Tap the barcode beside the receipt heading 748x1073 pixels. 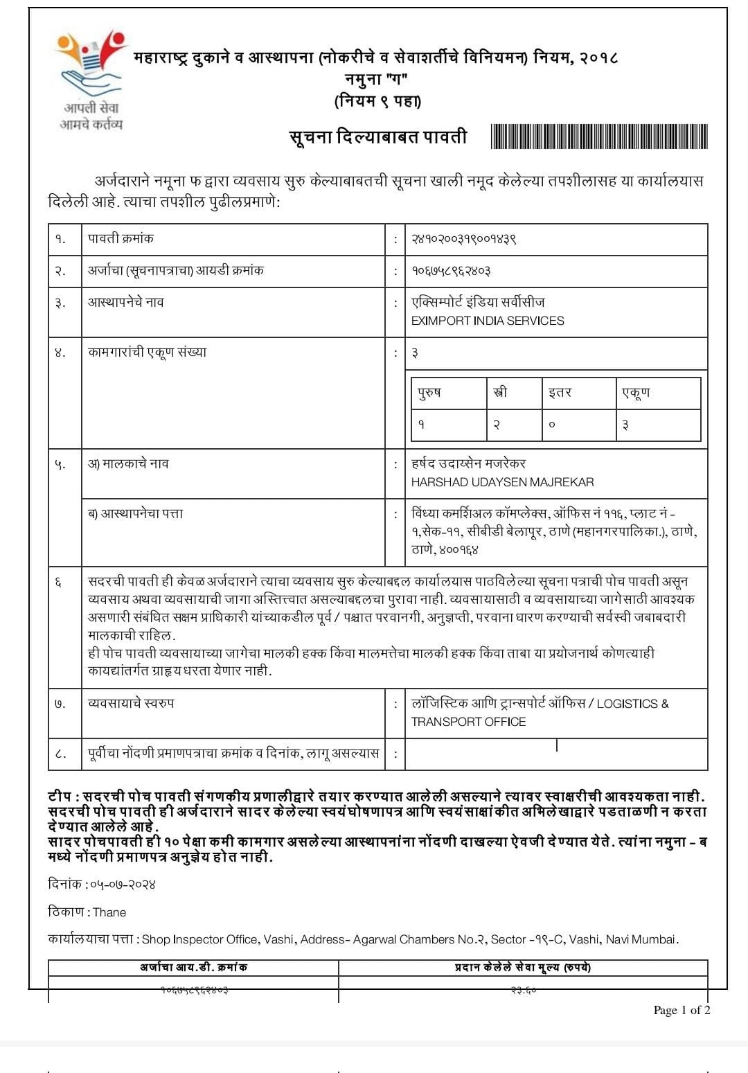(x=598, y=136)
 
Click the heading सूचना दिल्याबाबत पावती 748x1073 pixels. (x=378, y=136)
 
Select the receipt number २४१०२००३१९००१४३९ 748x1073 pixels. (x=464, y=239)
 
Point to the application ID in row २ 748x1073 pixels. (x=452, y=271)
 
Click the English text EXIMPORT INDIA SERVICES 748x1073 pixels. (x=488, y=321)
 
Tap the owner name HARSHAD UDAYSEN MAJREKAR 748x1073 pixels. (x=502, y=481)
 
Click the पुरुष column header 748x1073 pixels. (x=429, y=393)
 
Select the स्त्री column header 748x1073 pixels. (x=500, y=393)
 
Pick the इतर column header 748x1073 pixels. (x=560, y=393)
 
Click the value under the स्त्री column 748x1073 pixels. (x=497, y=425)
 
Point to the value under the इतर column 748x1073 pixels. (x=552, y=425)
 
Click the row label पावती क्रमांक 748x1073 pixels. (x=121, y=238)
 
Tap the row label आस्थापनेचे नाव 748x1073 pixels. (x=126, y=302)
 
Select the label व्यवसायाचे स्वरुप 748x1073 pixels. (x=131, y=703)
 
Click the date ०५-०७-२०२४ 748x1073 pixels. (x=123, y=885)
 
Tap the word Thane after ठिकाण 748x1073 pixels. (x=109, y=912)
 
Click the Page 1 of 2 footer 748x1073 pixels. (x=682, y=1010)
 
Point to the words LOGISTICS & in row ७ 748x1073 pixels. (x=632, y=704)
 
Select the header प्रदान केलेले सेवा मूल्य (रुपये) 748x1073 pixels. (x=523, y=967)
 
